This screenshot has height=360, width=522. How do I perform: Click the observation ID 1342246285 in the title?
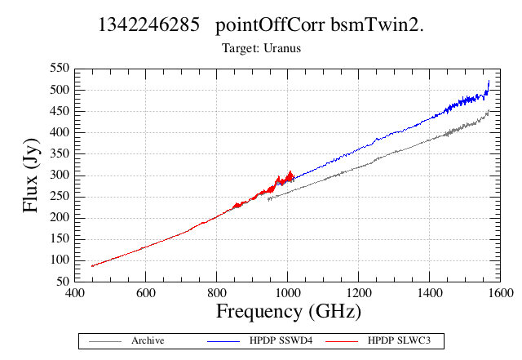(148, 25)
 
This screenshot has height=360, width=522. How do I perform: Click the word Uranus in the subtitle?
(282, 48)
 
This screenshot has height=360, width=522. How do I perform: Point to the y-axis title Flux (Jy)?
(31, 176)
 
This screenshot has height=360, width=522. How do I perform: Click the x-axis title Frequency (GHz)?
(289, 312)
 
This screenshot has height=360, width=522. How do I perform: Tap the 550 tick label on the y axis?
(60, 69)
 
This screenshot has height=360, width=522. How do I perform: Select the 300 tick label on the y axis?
(60, 175)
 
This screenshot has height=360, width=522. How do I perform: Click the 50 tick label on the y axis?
(63, 282)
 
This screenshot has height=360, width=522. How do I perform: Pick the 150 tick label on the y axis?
(60, 238)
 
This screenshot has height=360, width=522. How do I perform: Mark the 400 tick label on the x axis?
(74, 293)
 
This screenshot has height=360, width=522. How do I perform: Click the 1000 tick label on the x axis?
(287, 293)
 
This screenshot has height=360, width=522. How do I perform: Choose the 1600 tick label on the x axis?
(500, 293)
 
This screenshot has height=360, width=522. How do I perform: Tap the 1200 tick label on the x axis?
(358, 293)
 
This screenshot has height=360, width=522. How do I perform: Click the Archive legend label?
(148, 340)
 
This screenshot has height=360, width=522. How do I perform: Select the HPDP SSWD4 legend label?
(281, 340)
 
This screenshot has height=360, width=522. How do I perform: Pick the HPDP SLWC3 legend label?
(399, 340)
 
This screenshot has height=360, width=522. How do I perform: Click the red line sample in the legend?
(342, 341)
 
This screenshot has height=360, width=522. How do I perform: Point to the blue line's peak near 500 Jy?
(489, 81)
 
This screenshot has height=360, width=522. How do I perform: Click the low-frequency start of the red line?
(92, 266)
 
